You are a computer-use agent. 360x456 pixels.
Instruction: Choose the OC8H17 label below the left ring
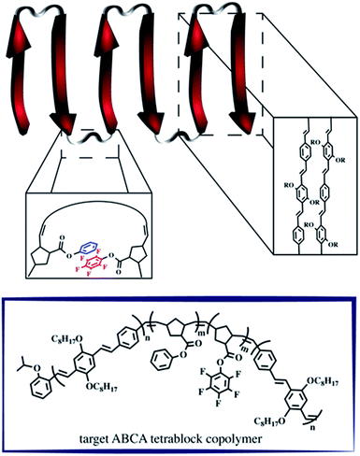tap(108, 387)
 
